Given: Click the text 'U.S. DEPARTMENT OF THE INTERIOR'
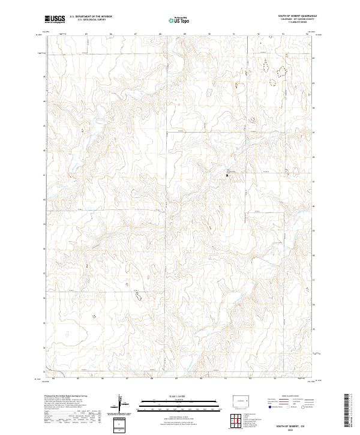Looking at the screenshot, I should click(x=91, y=17).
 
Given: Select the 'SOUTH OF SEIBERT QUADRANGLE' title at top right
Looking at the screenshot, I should click(x=299, y=16).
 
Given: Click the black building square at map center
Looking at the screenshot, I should click(x=227, y=175).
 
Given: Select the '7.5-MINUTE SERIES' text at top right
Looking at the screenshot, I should click(x=298, y=23).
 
